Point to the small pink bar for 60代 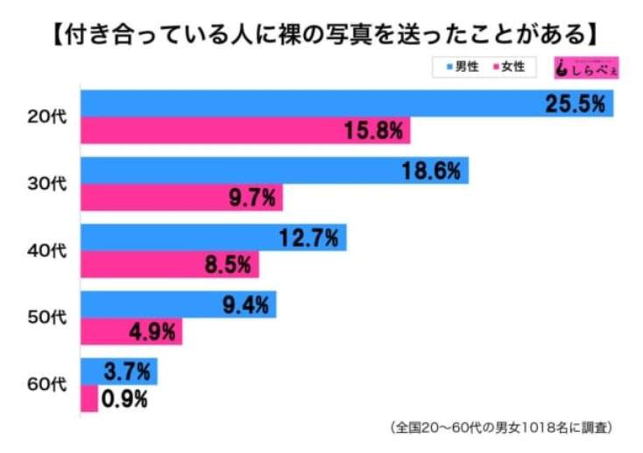point(88,399)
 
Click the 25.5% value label point(575,104)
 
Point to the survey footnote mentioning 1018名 point(499,429)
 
